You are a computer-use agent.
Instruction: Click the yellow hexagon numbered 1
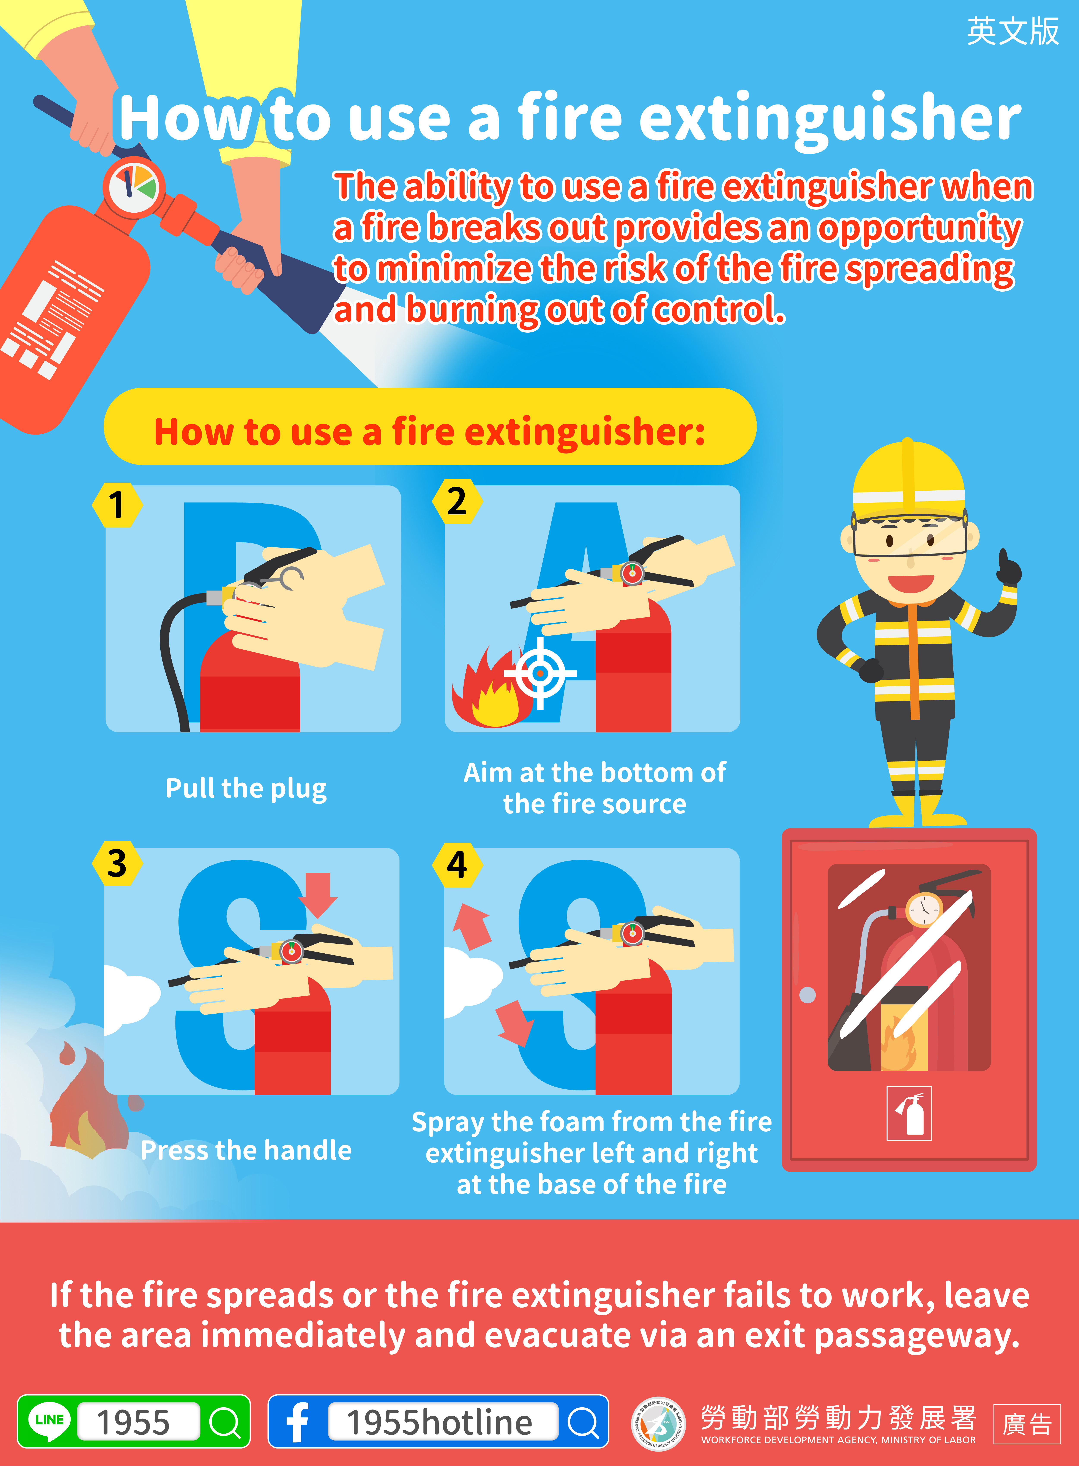click(117, 504)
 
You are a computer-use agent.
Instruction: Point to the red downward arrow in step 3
click(318, 895)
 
